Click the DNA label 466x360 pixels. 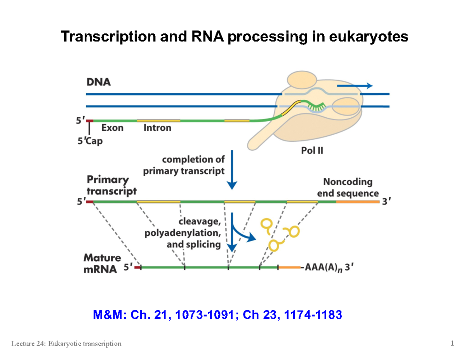click(98, 82)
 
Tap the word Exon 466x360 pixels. click(112, 127)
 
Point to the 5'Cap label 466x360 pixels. click(89, 142)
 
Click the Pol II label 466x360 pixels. click(312, 151)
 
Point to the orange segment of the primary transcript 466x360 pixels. click(357, 202)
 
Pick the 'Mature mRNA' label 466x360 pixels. click(102, 264)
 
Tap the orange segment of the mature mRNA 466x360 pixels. click(289, 267)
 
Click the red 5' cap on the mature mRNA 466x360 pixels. click(137, 267)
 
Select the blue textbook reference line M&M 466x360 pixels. click(218, 315)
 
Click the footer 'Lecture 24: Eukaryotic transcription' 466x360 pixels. click(66, 343)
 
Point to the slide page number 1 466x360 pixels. click(452, 343)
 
